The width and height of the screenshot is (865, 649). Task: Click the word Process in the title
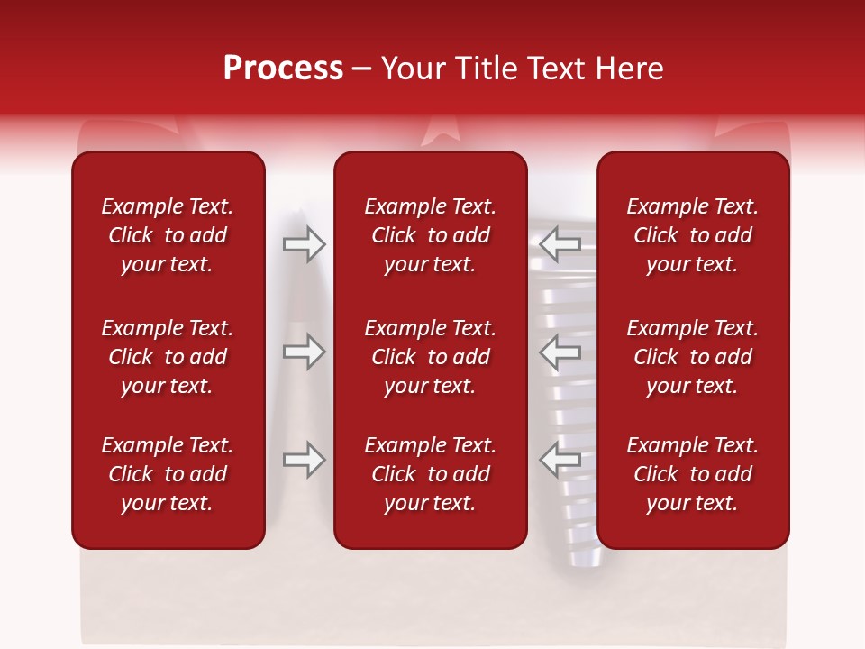coord(283,69)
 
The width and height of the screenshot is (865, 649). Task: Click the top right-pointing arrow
coord(304,243)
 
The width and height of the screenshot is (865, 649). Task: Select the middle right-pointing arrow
coord(304,352)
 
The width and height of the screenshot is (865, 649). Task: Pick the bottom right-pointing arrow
coord(304,460)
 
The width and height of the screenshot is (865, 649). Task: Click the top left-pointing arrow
coord(560,243)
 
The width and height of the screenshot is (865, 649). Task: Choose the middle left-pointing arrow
coord(560,352)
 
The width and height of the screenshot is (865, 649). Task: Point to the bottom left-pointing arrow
coord(560,460)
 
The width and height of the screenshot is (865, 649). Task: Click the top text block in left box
coord(168,235)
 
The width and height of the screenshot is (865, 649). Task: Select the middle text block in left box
coord(168,357)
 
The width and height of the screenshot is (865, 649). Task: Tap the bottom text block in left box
coord(168,474)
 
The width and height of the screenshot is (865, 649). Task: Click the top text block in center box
coord(431,235)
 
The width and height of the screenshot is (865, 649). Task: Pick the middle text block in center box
coord(431,357)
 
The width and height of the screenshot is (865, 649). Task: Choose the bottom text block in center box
coord(431,474)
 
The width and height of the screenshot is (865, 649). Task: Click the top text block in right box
coord(693,235)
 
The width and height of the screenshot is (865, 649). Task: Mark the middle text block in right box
coord(693,357)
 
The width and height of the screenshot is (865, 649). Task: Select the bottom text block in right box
coord(693,474)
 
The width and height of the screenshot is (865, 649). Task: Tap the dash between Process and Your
coord(361,69)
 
